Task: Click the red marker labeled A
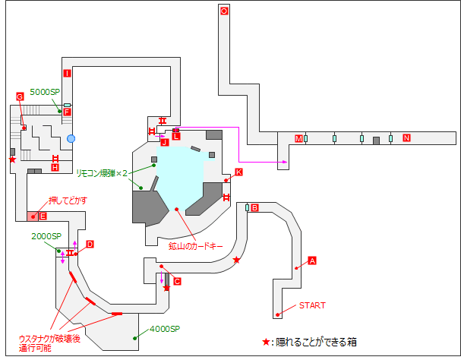tap(311, 261)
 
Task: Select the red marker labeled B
tap(255, 207)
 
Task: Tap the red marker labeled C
tap(177, 281)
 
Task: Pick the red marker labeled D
tap(89, 244)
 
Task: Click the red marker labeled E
tap(43, 216)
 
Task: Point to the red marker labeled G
tap(20, 96)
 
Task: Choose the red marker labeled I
tap(67, 74)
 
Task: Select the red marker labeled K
tap(238, 172)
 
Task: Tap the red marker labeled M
tap(298, 138)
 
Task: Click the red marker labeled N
tap(406, 138)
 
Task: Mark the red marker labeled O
tap(223, 11)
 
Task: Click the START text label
tap(311, 305)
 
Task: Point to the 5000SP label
tap(44, 92)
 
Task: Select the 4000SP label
tap(164, 329)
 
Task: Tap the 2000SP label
tap(46, 236)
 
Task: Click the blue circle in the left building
tap(71, 138)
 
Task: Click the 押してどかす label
tap(68, 200)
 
